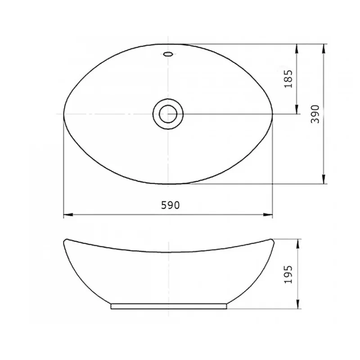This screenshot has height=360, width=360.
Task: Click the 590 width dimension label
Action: click(x=170, y=205)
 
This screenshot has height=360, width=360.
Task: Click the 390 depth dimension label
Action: click(x=315, y=114)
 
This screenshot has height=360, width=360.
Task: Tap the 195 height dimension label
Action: click(x=288, y=274)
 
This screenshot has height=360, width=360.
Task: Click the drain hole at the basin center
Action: click(x=168, y=114)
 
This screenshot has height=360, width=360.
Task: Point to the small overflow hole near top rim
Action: click(x=168, y=54)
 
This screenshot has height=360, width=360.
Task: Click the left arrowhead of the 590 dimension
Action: click(x=68, y=215)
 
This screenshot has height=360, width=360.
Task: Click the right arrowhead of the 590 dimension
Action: click(x=268, y=215)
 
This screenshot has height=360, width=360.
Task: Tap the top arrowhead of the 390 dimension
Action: click(x=323, y=49)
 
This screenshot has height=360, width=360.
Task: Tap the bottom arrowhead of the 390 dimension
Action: click(x=323, y=179)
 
